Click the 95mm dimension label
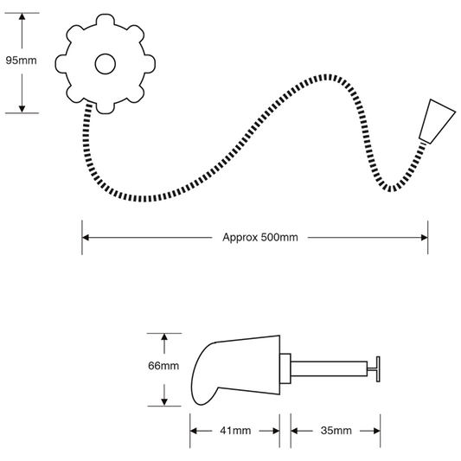tap(21, 61)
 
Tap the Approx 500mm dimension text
tap(260, 237)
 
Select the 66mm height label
tap(163, 366)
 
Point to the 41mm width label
tap(235, 431)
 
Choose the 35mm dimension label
tap(336, 431)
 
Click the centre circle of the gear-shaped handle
tap(106, 64)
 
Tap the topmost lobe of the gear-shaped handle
tap(106, 19)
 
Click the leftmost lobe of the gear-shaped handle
tap(61, 64)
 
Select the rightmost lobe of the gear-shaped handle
tap(150, 64)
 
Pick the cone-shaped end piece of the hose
tap(437, 121)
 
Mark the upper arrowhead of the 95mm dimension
tap(22, 16)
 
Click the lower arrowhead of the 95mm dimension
tap(22, 109)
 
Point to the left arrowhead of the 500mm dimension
tap(86, 238)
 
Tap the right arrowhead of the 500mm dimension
tap(425, 238)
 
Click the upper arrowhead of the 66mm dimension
tap(164, 337)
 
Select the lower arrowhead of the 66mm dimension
tap(164, 402)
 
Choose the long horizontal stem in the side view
tap(329, 368)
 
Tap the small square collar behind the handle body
tap(285, 368)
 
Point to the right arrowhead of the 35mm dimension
tap(376, 431)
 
